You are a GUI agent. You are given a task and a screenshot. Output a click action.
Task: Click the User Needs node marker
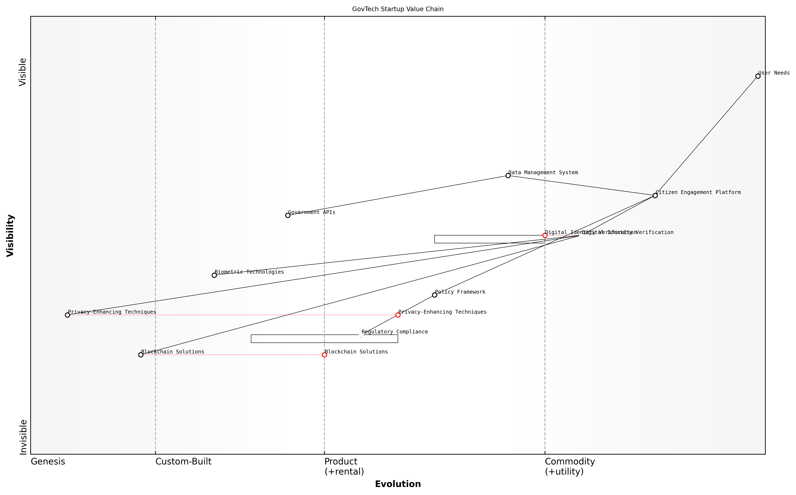[x=758, y=76]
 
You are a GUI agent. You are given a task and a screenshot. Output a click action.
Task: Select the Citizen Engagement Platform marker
[x=655, y=195]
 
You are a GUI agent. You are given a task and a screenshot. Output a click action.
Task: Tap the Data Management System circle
[x=508, y=175]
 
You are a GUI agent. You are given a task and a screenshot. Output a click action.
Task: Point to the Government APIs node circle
[x=288, y=215]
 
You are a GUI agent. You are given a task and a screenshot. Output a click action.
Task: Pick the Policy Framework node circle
[x=434, y=295]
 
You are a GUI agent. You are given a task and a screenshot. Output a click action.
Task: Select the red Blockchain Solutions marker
[x=324, y=355]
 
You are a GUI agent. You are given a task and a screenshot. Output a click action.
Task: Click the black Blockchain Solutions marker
[x=141, y=355]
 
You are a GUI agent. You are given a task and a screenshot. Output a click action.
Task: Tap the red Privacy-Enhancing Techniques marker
[x=398, y=315]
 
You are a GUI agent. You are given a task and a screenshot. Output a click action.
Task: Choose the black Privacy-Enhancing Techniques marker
[x=67, y=315]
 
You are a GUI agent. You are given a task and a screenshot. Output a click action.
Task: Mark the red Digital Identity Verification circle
[x=545, y=235]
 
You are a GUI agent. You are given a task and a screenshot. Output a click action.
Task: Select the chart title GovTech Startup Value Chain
[x=398, y=9]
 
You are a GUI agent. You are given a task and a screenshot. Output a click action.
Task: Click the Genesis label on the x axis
[x=48, y=462]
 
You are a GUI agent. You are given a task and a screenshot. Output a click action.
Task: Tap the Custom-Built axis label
[x=183, y=462]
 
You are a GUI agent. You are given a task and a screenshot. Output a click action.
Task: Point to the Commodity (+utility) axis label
[x=570, y=466]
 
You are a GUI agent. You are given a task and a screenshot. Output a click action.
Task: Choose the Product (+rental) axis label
[x=344, y=466]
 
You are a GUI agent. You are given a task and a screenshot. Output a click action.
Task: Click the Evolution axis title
[x=398, y=484]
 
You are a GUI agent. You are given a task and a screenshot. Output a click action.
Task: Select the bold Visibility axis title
[x=11, y=235]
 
